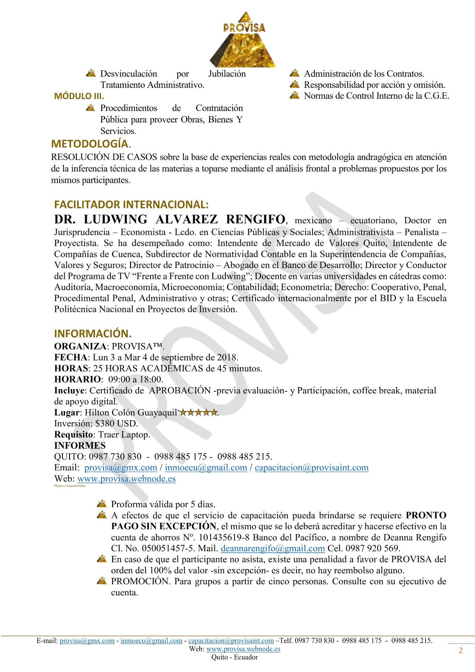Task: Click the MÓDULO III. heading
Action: [x=79, y=96]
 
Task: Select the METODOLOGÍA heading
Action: [x=91, y=144]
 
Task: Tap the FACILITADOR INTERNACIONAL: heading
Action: [x=131, y=204]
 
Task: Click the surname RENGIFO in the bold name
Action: [x=255, y=219]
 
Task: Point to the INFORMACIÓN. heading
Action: [x=93, y=333]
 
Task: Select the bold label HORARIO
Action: [x=77, y=379]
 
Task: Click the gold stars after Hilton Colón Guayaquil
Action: [x=199, y=412]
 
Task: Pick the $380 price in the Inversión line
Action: [x=105, y=423]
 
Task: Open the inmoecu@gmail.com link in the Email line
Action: [x=206, y=468]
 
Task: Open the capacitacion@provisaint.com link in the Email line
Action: [x=311, y=468]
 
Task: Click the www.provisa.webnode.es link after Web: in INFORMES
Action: [x=126, y=479]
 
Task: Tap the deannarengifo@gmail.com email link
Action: [x=273, y=548]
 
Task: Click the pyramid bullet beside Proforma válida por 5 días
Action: [x=102, y=504]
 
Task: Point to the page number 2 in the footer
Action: [x=461, y=650]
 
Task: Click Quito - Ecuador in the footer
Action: [x=234, y=657]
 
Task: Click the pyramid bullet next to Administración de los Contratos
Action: [x=295, y=73]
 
